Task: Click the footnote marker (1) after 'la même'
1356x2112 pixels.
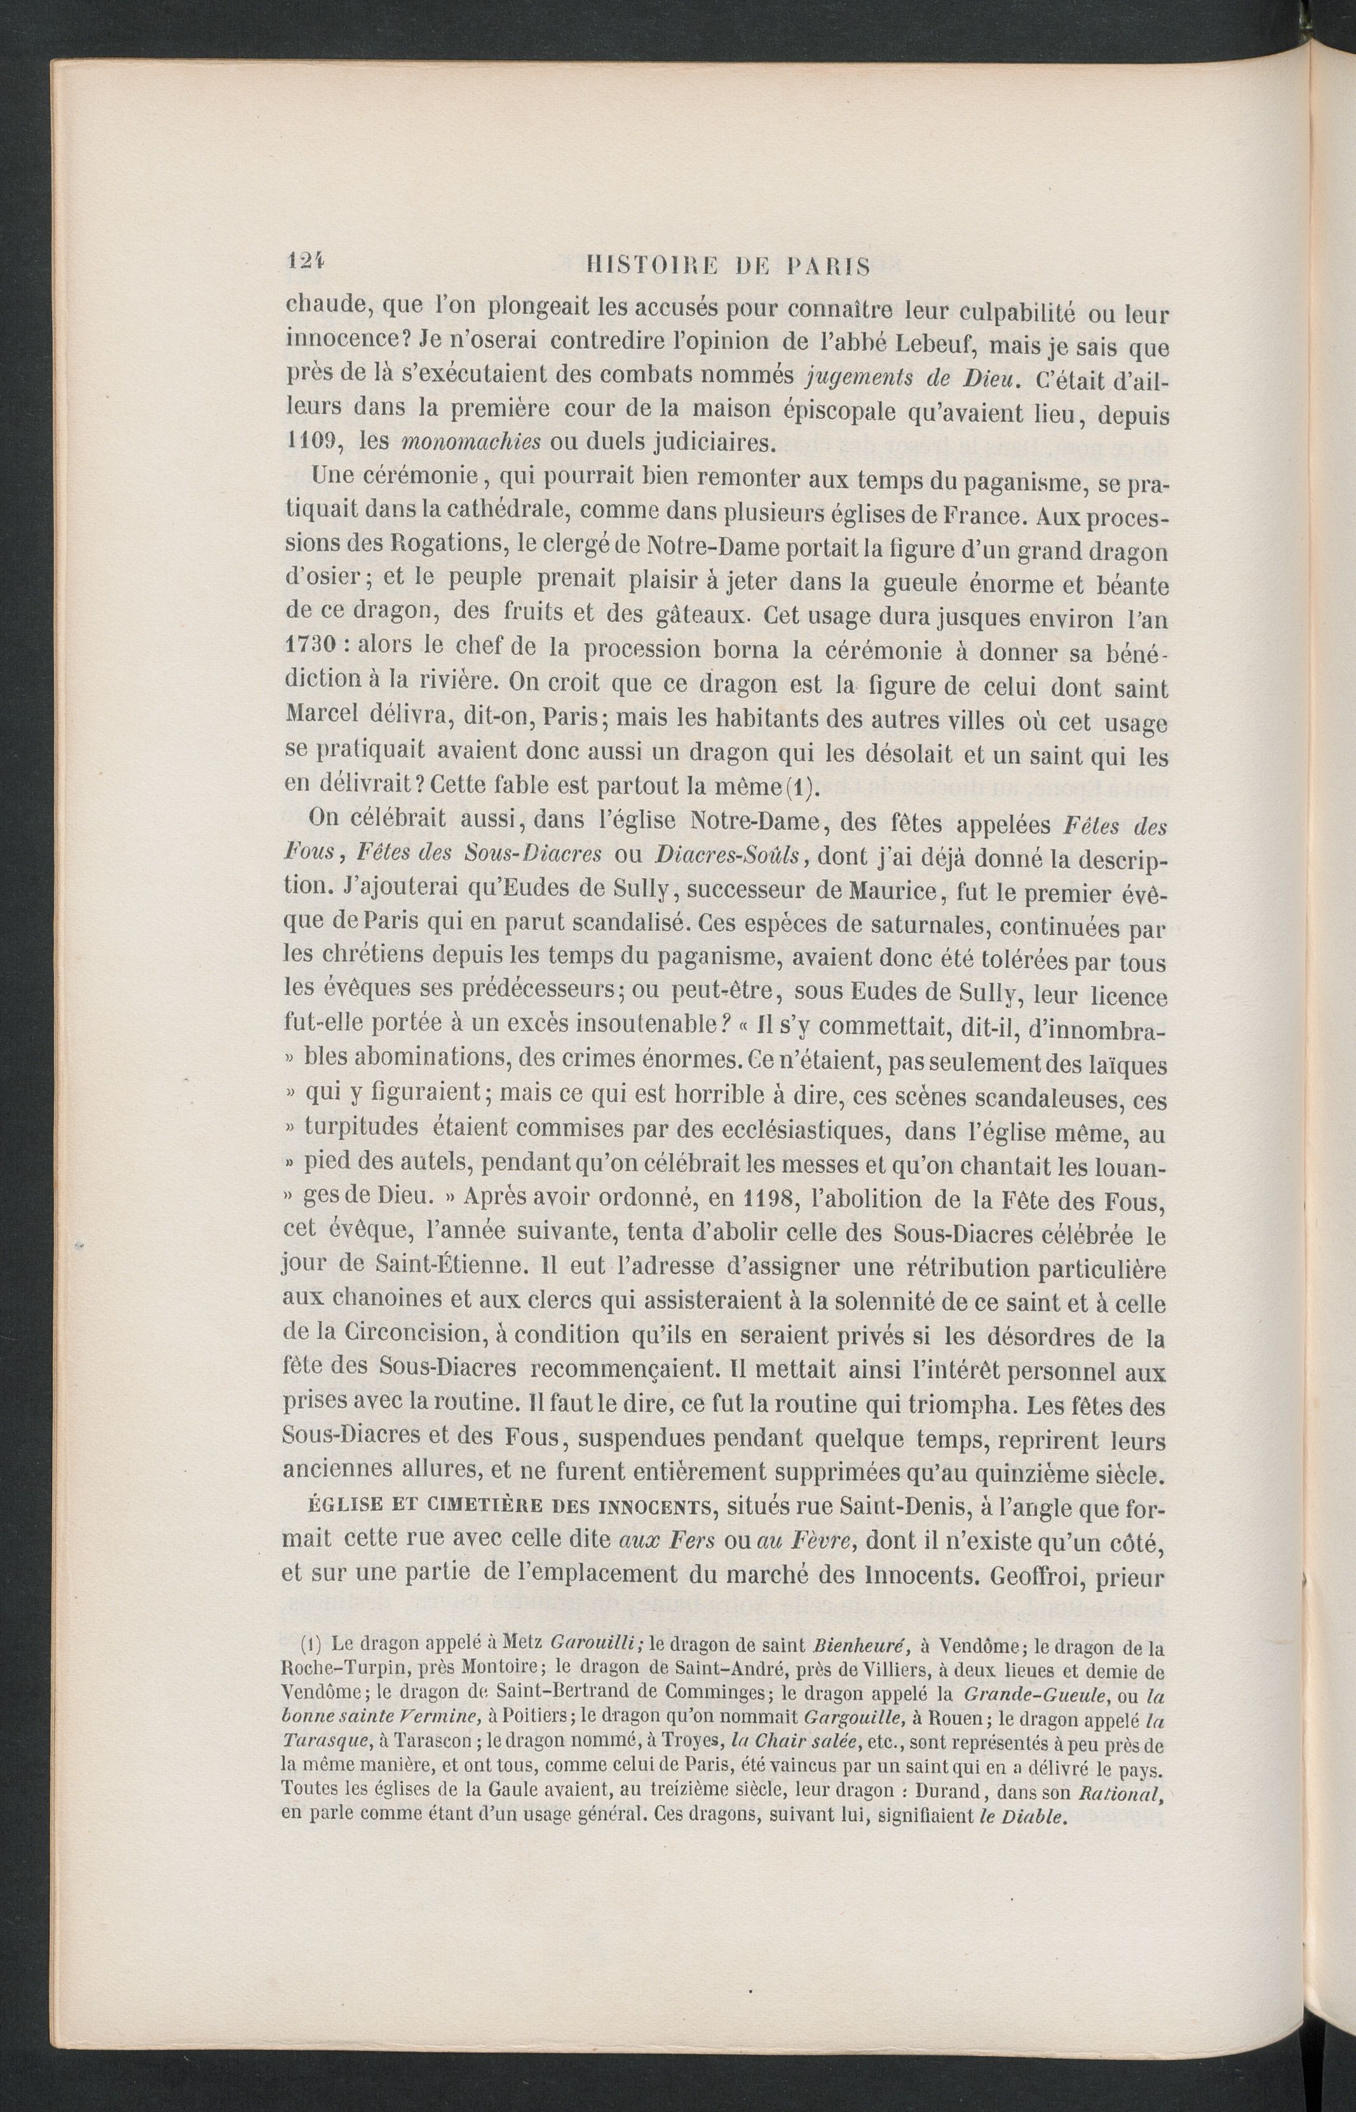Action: click(x=799, y=786)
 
